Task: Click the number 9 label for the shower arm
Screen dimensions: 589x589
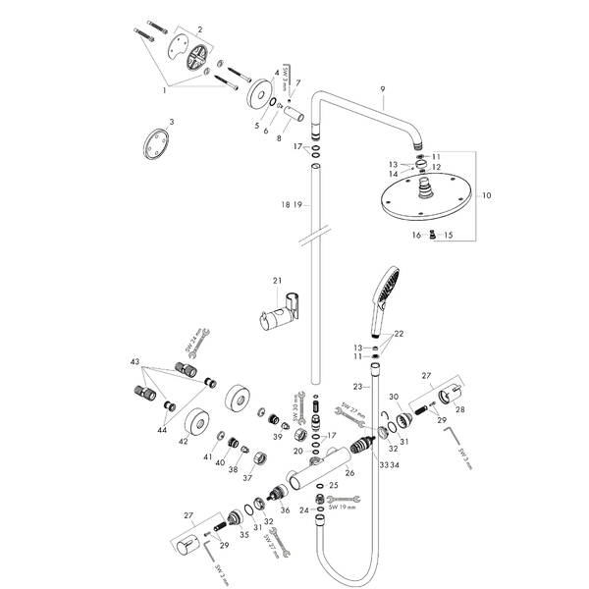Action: tap(382, 89)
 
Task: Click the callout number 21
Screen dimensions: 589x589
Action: tap(278, 281)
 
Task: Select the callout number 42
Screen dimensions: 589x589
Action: tap(183, 442)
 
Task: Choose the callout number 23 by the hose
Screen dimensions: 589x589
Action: tap(358, 387)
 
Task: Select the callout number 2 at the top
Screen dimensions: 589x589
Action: tap(199, 30)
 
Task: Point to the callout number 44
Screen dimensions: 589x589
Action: tap(159, 429)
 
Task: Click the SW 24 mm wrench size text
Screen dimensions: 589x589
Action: tap(192, 343)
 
